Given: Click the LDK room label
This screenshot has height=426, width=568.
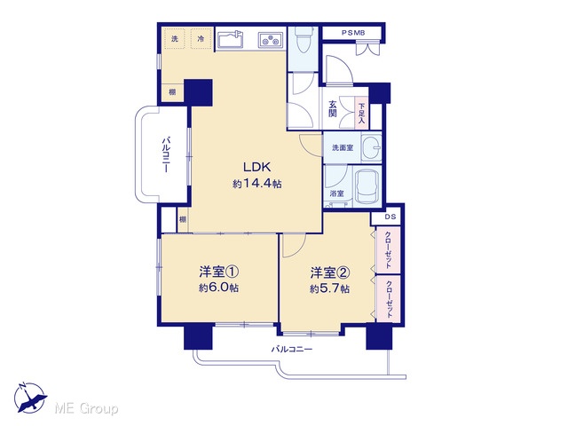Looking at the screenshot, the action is tap(256, 167).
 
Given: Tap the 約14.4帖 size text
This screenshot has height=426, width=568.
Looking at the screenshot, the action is tap(256, 184).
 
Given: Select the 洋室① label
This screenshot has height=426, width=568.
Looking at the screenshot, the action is tap(218, 272).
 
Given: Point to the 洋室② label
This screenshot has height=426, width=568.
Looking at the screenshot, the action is tap(329, 272).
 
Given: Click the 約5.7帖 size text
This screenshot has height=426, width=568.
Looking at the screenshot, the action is tap(329, 289).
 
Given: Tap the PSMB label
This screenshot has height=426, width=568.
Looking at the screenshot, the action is tap(353, 33).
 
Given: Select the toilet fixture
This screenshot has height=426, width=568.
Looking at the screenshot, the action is tap(304, 40).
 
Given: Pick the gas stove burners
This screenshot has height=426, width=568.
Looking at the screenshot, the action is tap(271, 40).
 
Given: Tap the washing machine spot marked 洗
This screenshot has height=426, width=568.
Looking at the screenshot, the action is tap(175, 38).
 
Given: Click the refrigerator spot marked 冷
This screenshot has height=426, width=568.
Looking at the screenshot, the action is tap(201, 38).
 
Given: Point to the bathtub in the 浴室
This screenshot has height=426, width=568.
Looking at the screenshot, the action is tap(367, 187).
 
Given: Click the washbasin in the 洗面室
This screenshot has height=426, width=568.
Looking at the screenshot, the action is tap(372, 148).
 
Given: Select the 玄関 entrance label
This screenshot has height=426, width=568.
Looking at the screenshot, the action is tap(333, 109).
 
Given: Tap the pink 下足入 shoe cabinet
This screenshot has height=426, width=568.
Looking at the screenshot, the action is tap(361, 113).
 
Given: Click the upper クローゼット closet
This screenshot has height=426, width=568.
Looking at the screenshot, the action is tap(388, 250).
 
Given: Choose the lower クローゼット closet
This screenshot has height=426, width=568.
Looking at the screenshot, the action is tap(389, 299).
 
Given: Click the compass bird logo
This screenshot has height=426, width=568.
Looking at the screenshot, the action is tap(30, 398).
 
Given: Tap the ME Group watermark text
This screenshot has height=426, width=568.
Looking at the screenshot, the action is tap(86, 408).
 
